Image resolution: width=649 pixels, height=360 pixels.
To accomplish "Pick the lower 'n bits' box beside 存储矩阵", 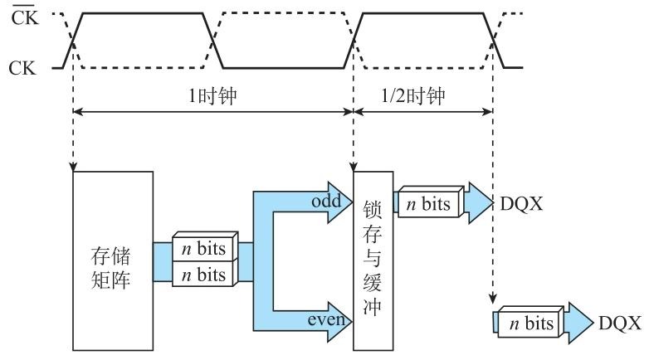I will [x=204, y=274].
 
